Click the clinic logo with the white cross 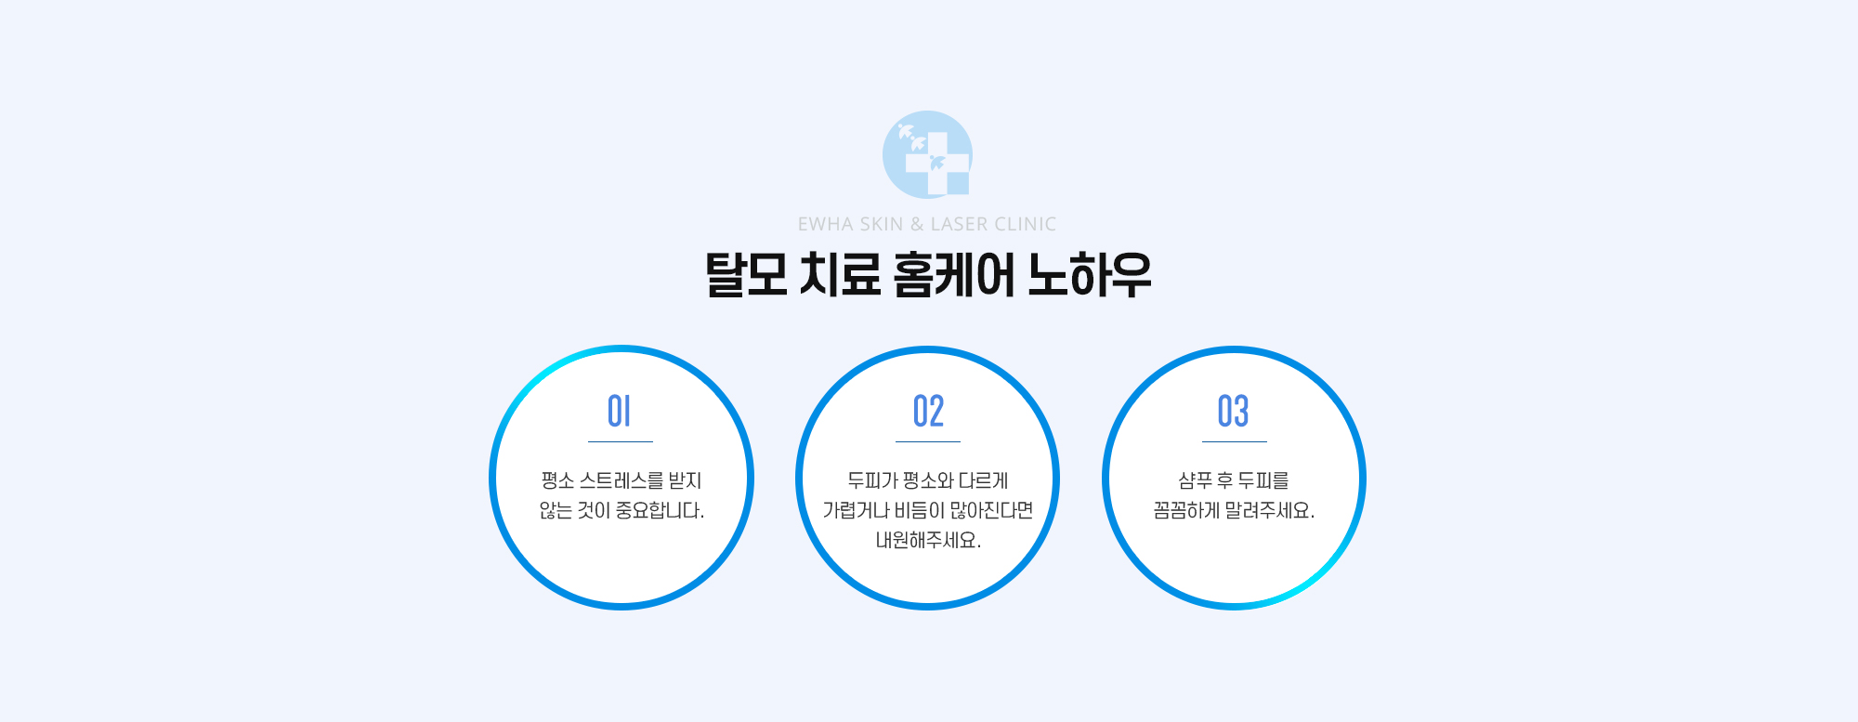pos(927,154)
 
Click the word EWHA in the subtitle pos(825,224)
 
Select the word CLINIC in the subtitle pos(1026,224)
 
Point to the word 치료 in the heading pos(840,275)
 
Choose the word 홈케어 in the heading pos(953,275)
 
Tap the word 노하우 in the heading pos(1090,275)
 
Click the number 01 pos(619,411)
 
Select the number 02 pos(928,411)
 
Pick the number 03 pos(1234,411)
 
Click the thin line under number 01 pos(621,441)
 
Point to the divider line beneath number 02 pos(928,441)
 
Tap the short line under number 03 pos(1235,441)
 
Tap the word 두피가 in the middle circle pos(872,480)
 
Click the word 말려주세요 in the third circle pos(1270,510)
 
